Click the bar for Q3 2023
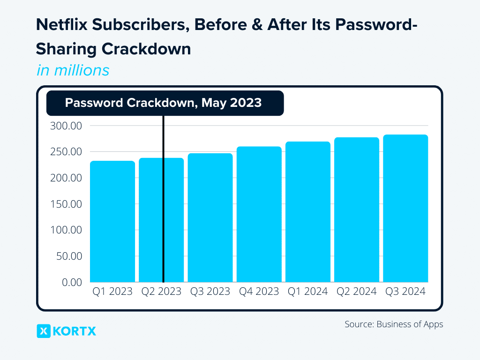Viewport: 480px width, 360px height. (x=210, y=217)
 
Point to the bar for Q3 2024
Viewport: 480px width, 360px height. (x=405, y=208)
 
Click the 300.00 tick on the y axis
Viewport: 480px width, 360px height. (x=66, y=126)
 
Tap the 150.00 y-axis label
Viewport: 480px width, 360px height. (x=66, y=204)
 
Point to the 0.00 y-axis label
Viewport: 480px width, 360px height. (x=71, y=282)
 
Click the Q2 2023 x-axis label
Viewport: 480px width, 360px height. (x=161, y=292)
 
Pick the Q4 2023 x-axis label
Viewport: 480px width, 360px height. (x=259, y=292)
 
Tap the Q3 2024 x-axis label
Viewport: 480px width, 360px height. (x=405, y=292)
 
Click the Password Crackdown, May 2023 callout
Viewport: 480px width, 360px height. (x=165, y=103)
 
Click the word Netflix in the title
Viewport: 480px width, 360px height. (x=61, y=26)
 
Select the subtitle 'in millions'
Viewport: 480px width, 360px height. (x=73, y=70)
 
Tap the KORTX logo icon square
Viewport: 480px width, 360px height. (x=43, y=331)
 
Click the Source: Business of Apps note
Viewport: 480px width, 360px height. (x=394, y=324)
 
